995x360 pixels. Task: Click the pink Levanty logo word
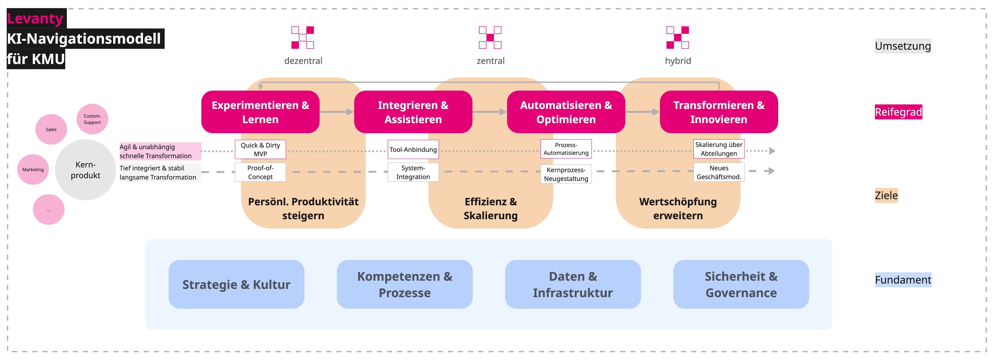point(35,18)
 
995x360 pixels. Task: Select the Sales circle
point(51,129)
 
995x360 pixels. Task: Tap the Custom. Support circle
point(92,119)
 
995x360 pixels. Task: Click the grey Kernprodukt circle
point(85,170)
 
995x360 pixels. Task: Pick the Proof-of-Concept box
point(260,172)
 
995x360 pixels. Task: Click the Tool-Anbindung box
point(413,149)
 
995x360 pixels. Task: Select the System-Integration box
point(413,172)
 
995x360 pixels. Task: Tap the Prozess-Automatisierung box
point(566,149)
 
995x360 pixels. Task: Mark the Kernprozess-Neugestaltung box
point(566,174)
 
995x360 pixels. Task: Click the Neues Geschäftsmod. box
point(719,172)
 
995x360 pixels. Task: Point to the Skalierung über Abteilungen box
point(719,149)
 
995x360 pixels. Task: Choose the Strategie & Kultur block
point(236,284)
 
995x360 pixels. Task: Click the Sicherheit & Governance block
point(741,284)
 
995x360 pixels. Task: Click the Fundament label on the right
point(903,280)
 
